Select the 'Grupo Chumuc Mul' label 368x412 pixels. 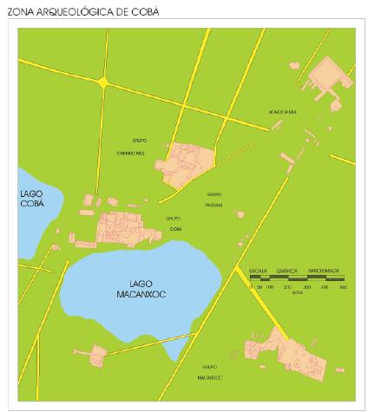tap(141, 146)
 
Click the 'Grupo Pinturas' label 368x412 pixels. tap(214, 199)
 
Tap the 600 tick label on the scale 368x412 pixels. tap(344, 286)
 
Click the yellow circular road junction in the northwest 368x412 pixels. tap(104, 82)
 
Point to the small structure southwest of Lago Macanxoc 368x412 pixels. tap(94, 354)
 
